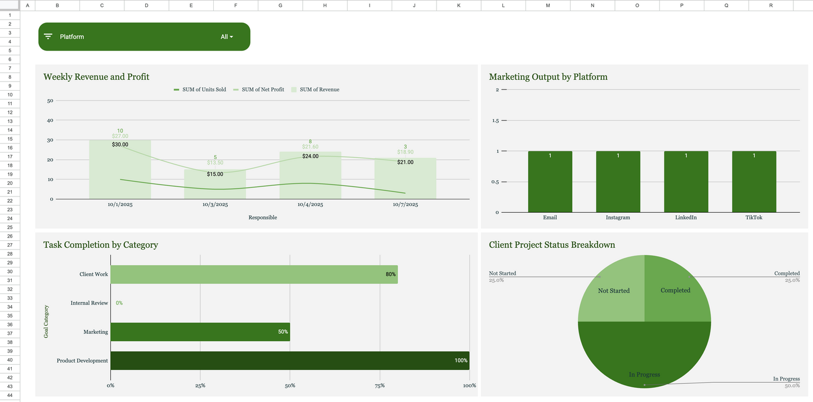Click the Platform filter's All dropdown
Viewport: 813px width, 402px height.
point(227,37)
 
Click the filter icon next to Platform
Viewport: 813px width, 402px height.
point(48,37)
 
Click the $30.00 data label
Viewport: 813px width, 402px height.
point(120,145)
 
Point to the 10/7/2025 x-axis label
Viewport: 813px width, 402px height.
point(405,205)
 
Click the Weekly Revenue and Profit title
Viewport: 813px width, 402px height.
point(96,77)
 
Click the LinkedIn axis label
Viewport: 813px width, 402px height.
point(686,217)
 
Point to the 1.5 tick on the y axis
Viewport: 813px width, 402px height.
point(495,120)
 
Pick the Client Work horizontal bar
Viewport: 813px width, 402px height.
point(254,274)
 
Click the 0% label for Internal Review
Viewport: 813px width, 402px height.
point(119,303)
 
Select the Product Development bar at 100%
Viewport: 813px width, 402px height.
point(290,360)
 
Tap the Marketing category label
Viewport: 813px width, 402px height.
point(96,332)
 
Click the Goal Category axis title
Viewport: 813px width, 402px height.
point(46,321)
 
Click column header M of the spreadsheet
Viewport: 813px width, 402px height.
point(547,5)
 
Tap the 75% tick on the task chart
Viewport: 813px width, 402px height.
point(380,386)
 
